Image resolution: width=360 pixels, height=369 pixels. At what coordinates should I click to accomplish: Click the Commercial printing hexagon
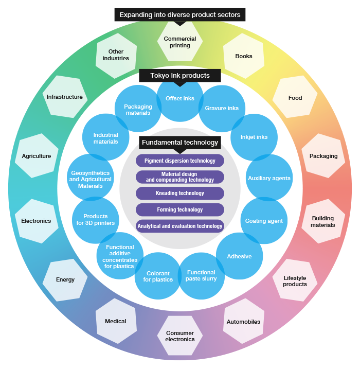point(180,41)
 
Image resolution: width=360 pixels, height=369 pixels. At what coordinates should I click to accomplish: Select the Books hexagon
point(244,56)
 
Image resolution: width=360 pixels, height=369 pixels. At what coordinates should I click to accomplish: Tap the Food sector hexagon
point(295,97)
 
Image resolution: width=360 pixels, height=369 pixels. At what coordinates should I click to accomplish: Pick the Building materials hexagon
point(323,221)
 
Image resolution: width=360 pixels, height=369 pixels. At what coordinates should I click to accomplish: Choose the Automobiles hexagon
point(244,321)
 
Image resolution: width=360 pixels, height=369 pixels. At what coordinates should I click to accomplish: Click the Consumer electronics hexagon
point(180,336)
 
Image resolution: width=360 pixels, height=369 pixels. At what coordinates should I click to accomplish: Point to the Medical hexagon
point(116,321)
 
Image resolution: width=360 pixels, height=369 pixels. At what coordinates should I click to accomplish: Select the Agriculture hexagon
point(37,156)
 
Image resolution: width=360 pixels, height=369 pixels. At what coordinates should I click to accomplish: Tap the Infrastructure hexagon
point(65,97)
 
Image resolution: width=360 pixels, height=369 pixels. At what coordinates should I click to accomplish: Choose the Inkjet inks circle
point(254,137)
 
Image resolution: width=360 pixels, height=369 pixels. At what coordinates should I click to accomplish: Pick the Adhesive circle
point(239,256)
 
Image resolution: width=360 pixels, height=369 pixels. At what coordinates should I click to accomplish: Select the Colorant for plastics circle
point(158,276)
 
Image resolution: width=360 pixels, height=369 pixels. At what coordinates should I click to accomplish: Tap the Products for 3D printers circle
point(96,220)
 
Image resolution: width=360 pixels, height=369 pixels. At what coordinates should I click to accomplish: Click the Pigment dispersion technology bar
point(180,161)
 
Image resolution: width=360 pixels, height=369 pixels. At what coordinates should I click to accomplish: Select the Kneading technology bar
point(180,193)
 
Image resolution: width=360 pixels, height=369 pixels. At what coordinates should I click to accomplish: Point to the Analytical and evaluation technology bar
point(180,226)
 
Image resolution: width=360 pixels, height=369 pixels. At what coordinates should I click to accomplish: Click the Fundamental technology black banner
point(180,143)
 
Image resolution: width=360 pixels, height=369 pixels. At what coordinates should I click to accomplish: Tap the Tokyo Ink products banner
point(180,76)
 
